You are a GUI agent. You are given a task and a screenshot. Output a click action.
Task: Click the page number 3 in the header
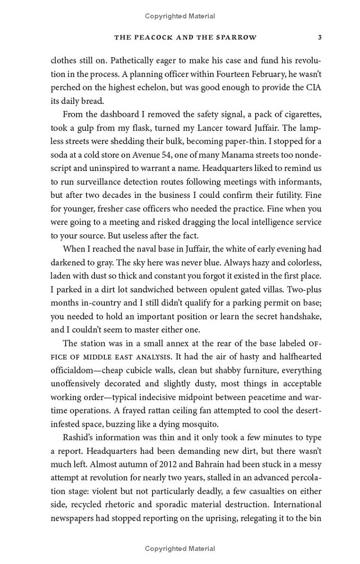click(319, 38)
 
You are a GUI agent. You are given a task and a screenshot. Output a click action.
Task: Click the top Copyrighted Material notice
click(180, 16)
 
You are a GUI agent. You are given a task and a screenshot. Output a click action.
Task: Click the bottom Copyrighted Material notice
click(180, 549)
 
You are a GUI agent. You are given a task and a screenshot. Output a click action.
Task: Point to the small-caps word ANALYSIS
click(151, 357)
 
